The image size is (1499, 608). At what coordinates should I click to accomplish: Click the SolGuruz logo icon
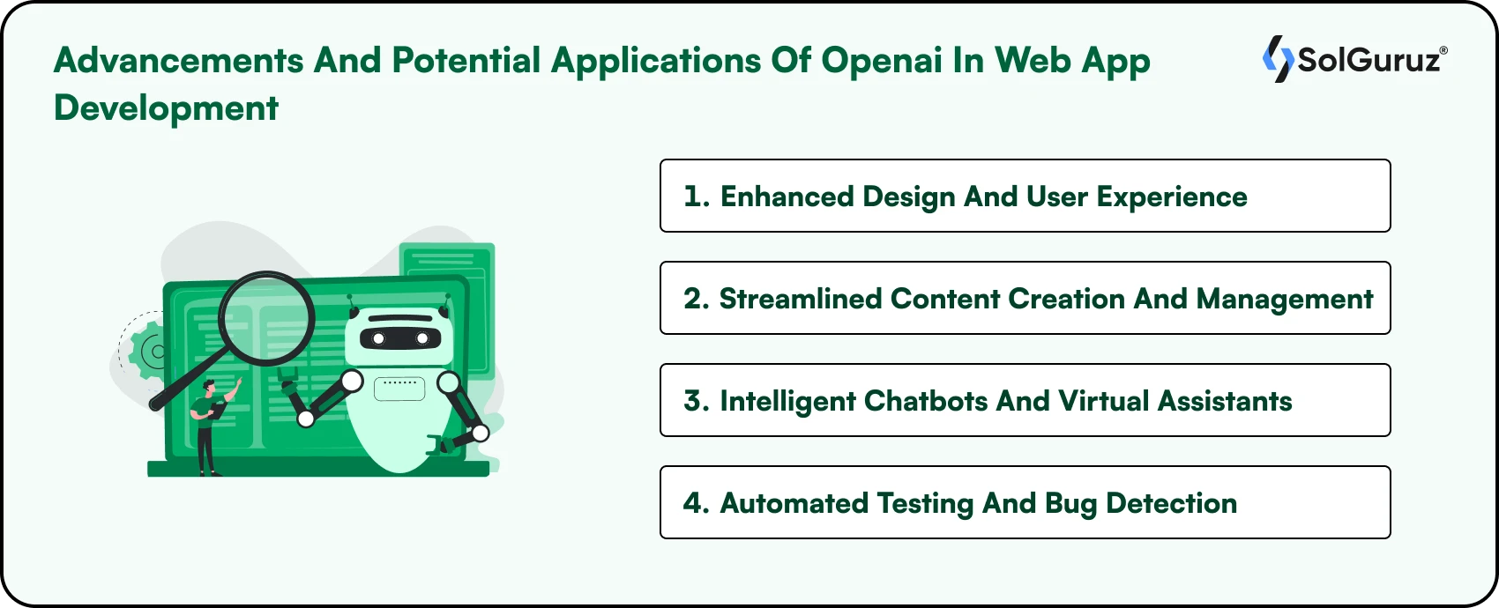point(1278,59)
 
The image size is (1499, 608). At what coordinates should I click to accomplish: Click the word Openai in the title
point(881,61)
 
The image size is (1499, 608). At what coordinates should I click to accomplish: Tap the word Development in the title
point(166,108)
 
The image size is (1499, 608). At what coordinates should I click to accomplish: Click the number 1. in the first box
point(697,196)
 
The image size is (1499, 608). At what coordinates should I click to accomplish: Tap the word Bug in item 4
point(1070,504)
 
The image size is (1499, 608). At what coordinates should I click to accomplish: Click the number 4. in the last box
point(697,503)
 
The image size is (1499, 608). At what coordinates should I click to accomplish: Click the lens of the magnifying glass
point(266,318)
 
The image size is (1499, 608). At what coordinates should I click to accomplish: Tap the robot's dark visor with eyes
point(399,338)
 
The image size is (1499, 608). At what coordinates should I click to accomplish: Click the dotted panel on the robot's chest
point(399,388)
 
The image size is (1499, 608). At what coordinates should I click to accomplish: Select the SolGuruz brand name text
point(1371,60)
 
